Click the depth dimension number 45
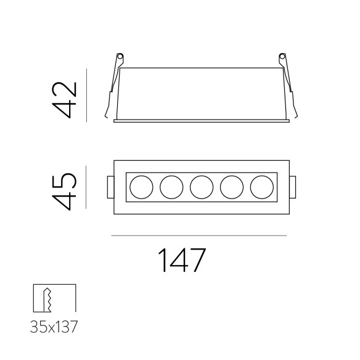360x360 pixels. pyautogui.click(x=65, y=191)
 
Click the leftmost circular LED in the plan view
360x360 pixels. pyautogui.click(x=141, y=186)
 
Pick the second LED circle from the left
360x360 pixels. pyautogui.click(x=171, y=186)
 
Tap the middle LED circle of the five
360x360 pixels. pyautogui.click(x=201, y=186)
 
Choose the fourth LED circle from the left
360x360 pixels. pyautogui.click(x=231, y=186)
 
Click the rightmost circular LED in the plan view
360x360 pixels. pyautogui.click(x=261, y=186)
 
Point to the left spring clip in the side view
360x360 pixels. pyautogui.click(x=114, y=86)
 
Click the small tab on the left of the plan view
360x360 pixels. pyautogui.click(x=109, y=186)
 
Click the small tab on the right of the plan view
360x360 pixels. pyautogui.click(x=293, y=186)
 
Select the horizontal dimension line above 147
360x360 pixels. pyautogui.click(x=198, y=236)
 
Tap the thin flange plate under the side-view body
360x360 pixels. pyautogui.click(x=201, y=121)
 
